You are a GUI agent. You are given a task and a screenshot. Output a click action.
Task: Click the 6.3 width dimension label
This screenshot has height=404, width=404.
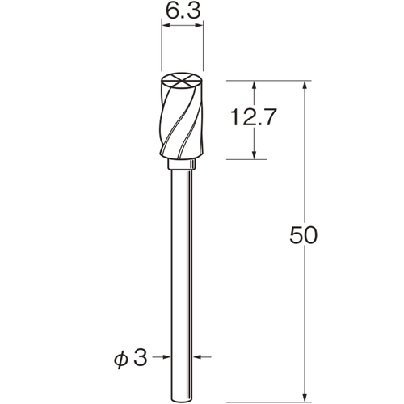click(x=183, y=11)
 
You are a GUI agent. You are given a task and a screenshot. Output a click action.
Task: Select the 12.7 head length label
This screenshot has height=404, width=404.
click(x=254, y=117)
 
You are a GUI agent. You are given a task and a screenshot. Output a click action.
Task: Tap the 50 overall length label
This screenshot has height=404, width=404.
click(x=304, y=235)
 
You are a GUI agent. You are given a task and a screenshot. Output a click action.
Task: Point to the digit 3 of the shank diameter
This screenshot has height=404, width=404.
click(x=141, y=357)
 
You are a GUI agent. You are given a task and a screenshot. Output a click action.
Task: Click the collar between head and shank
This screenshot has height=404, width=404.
click(x=182, y=164)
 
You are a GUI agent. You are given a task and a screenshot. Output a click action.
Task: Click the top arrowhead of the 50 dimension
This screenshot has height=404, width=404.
click(x=305, y=86)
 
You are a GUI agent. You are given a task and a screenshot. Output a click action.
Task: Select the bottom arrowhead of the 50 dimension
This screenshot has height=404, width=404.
click(x=305, y=397)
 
